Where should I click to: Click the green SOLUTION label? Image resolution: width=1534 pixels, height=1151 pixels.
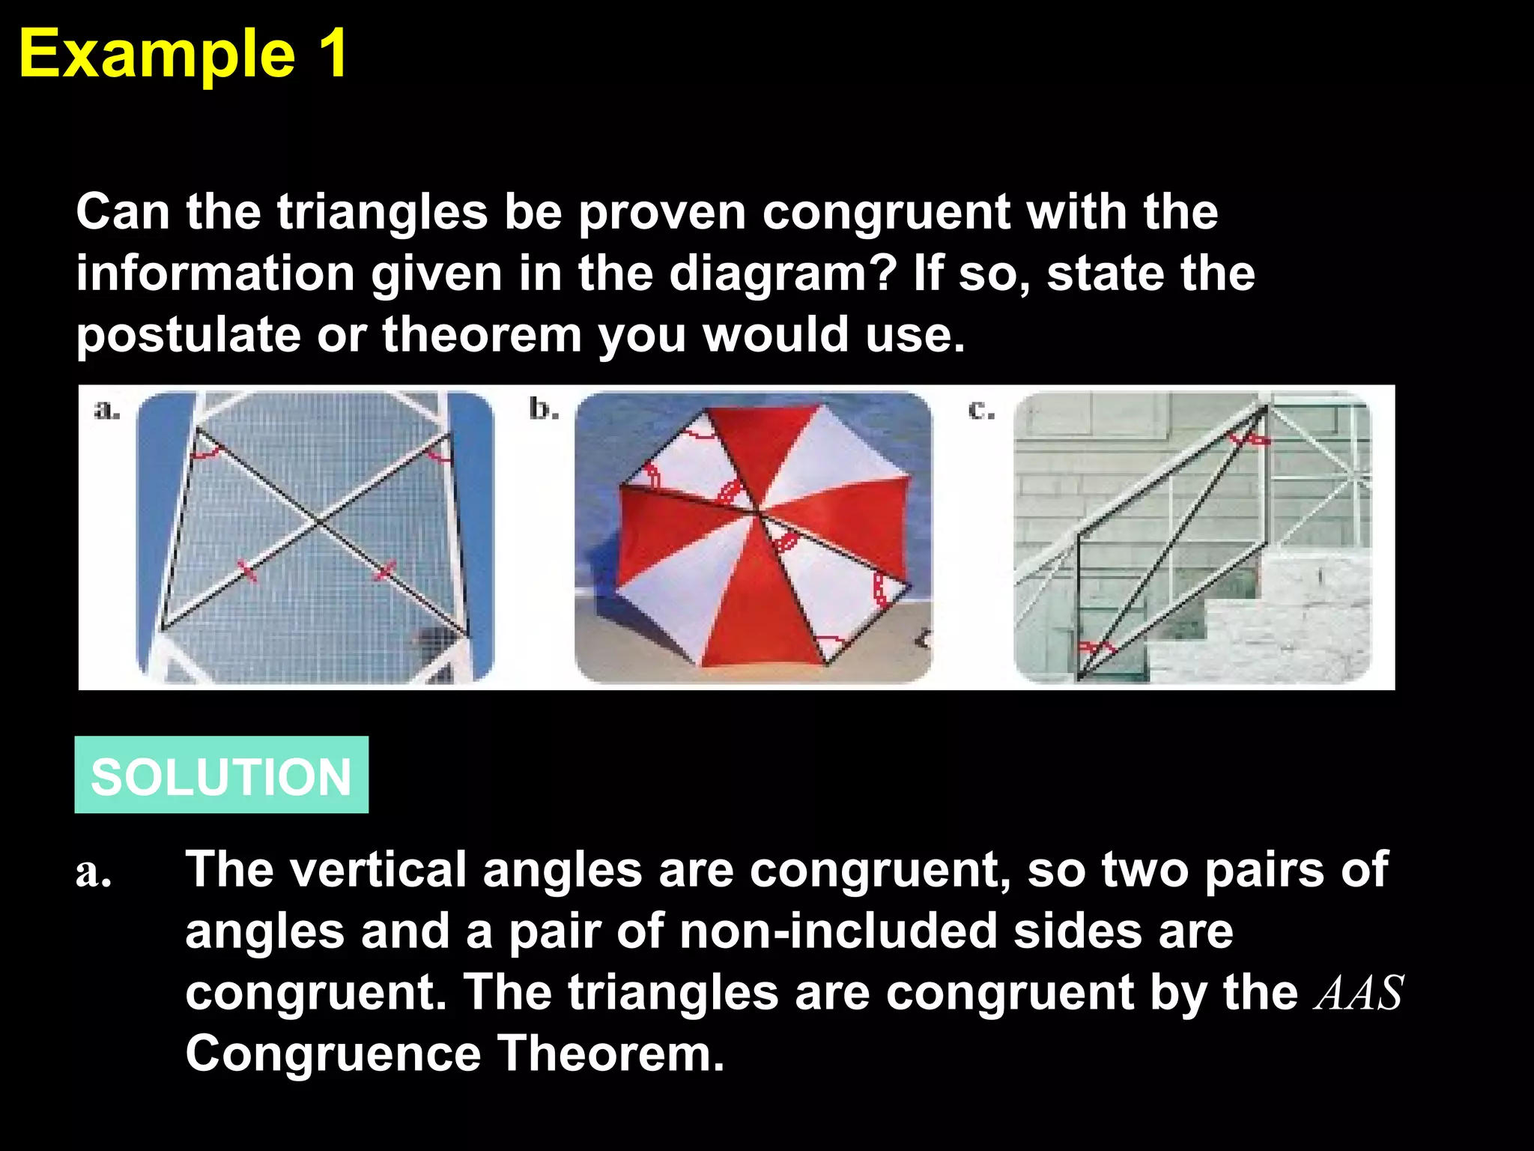coord(221,775)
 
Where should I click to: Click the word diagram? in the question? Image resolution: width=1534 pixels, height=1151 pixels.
coord(782,274)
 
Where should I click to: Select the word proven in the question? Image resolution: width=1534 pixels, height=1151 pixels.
coord(662,214)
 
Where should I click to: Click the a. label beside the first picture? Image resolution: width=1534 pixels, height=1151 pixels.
coord(106,411)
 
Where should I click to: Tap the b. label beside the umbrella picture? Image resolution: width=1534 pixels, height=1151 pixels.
coord(544,409)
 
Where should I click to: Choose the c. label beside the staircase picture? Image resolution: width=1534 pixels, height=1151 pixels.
coord(981,411)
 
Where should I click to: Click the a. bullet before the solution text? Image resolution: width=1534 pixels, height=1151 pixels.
coord(94,874)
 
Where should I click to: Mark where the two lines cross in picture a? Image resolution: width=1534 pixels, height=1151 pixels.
coord(320,522)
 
